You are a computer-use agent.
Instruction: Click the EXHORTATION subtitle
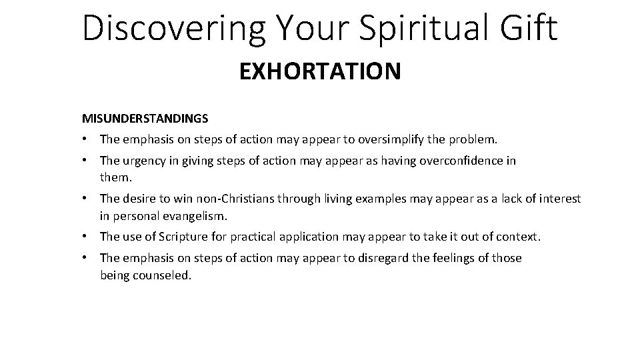point(320,71)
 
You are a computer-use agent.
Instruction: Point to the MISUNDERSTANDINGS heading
point(145,119)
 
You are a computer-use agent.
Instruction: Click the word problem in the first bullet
point(475,140)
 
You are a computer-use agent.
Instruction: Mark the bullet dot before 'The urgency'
point(87,161)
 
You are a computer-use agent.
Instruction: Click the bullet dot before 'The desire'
point(87,199)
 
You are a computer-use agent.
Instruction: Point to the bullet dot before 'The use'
point(87,237)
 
